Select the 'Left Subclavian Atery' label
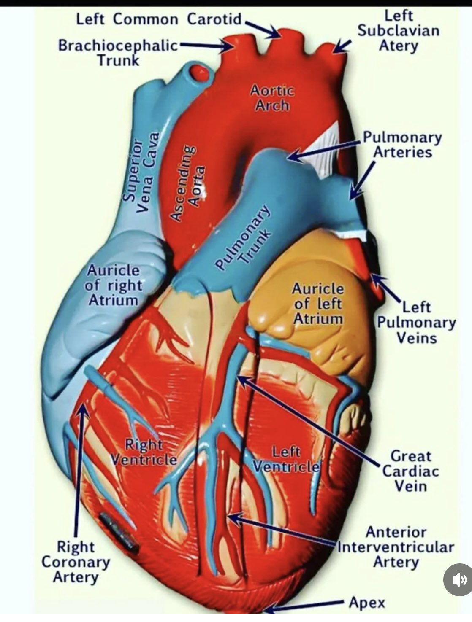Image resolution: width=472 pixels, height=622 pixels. coord(398,31)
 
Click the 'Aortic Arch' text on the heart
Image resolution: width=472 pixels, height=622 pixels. coord(272,97)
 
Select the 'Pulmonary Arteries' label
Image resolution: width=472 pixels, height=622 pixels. coord(402,145)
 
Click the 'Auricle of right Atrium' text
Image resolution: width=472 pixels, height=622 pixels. coord(113,285)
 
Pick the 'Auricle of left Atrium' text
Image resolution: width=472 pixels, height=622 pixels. coord(317,304)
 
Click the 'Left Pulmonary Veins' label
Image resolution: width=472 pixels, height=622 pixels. coord(416,323)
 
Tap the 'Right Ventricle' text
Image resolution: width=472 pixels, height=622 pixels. coord(144,452)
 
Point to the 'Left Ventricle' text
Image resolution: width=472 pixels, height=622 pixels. coord(286,459)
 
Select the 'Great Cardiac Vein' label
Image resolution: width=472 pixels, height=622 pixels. coord(410,471)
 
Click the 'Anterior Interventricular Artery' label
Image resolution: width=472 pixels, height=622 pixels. coord(396,547)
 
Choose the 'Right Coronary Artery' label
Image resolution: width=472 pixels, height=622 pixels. coord(76,562)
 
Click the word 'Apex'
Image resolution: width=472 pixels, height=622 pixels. coord(367,603)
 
